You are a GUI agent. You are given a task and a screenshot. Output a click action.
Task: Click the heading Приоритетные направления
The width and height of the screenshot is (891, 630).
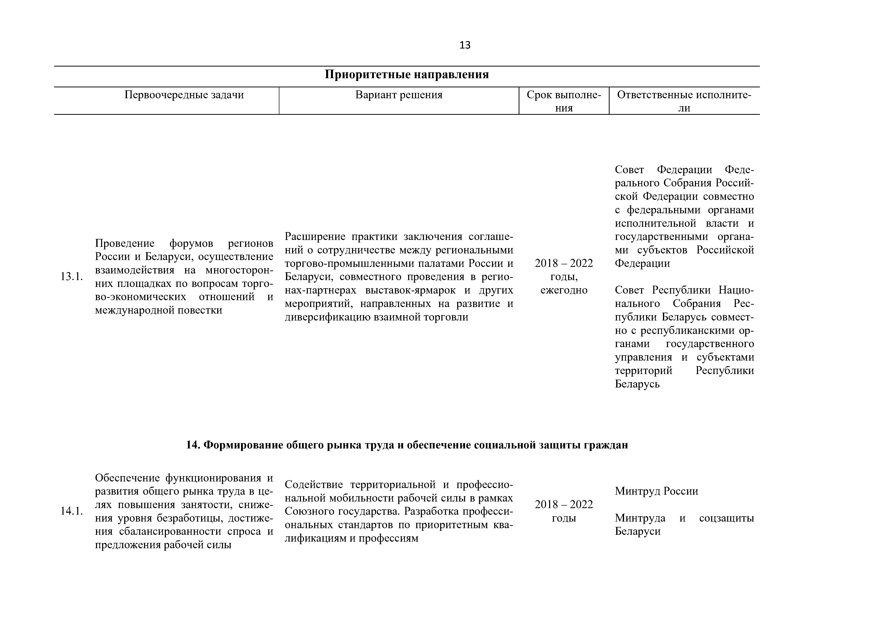pos(406,74)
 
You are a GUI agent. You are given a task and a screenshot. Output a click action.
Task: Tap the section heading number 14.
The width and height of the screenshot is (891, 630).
pos(193,445)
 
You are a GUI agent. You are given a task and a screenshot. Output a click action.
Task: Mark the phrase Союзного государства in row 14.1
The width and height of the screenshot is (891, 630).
pos(342,512)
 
